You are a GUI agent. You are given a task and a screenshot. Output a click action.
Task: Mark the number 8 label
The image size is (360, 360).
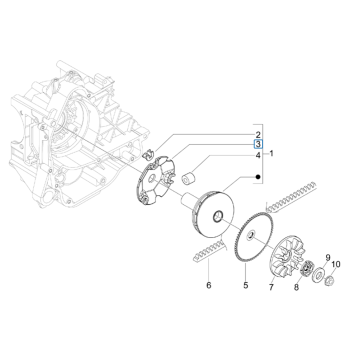[296, 285]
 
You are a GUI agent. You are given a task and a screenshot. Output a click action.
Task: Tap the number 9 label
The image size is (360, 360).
[327, 258]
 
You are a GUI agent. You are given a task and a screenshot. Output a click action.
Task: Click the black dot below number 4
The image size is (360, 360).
[231, 176]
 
